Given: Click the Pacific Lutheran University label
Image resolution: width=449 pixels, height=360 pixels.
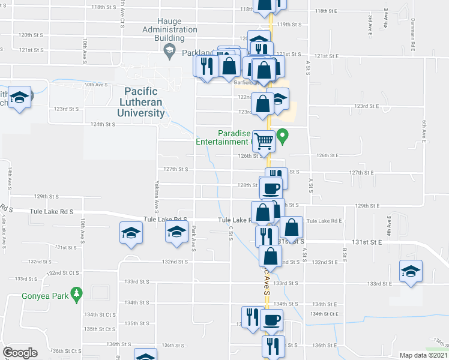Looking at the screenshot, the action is click(x=141, y=101).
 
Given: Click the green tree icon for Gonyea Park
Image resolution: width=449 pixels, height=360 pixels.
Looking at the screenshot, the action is click(x=76, y=293).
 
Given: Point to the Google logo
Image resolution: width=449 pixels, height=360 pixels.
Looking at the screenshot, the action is click(x=20, y=353).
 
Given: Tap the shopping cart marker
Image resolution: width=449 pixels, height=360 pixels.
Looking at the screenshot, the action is click(x=264, y=141).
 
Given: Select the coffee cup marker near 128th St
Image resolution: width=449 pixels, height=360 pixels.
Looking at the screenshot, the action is click(x=270, y=187).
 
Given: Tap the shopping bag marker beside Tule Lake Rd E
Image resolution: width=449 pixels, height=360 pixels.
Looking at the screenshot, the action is click(x=292, y=227).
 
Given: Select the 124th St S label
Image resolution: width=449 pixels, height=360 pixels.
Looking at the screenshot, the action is click(x=102, y=124).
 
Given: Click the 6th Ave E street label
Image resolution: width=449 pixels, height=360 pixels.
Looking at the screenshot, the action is click(x=424, y=130).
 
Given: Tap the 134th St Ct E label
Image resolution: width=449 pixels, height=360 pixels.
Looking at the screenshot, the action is click(x=324, y=313).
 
